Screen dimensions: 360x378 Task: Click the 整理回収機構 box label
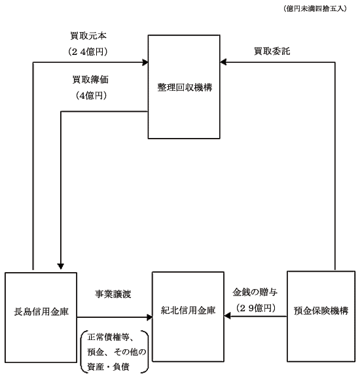click(x=185, y=87)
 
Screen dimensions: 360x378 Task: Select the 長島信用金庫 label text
click(x=41, y=312)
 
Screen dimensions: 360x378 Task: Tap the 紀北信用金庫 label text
click(x=188, y=310)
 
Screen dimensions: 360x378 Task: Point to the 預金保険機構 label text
click(x=321, y=311)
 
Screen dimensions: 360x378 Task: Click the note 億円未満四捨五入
click(x=315, y=9)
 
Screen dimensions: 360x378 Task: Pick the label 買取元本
click(x=88, y=36)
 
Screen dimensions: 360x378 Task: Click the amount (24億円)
click(x=88, y=52)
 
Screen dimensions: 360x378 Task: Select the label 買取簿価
click(x=90, y=80)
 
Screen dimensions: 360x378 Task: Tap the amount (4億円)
click(x=91, y=95)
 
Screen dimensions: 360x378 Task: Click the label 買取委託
click(x=272, y=51)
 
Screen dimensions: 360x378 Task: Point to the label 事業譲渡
click(x=113, y=294)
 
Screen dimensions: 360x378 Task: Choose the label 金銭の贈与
click(x=255, y=292)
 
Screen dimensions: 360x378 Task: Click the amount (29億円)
click(x=256, y=308)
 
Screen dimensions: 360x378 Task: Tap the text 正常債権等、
click(x=111, y=337)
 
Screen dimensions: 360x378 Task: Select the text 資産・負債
click(x=109, y=367)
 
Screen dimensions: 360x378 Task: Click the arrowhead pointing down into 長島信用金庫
click(x=61, y=266)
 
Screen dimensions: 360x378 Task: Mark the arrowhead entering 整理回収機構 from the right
click(x=223, y=62)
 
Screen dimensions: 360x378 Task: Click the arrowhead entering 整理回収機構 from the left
click(x=145, y=62)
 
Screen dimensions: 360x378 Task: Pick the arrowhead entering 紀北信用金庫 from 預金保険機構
click(x=227, y=316)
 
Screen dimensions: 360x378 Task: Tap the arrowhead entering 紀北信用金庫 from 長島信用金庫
click(x=150, y=317)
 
